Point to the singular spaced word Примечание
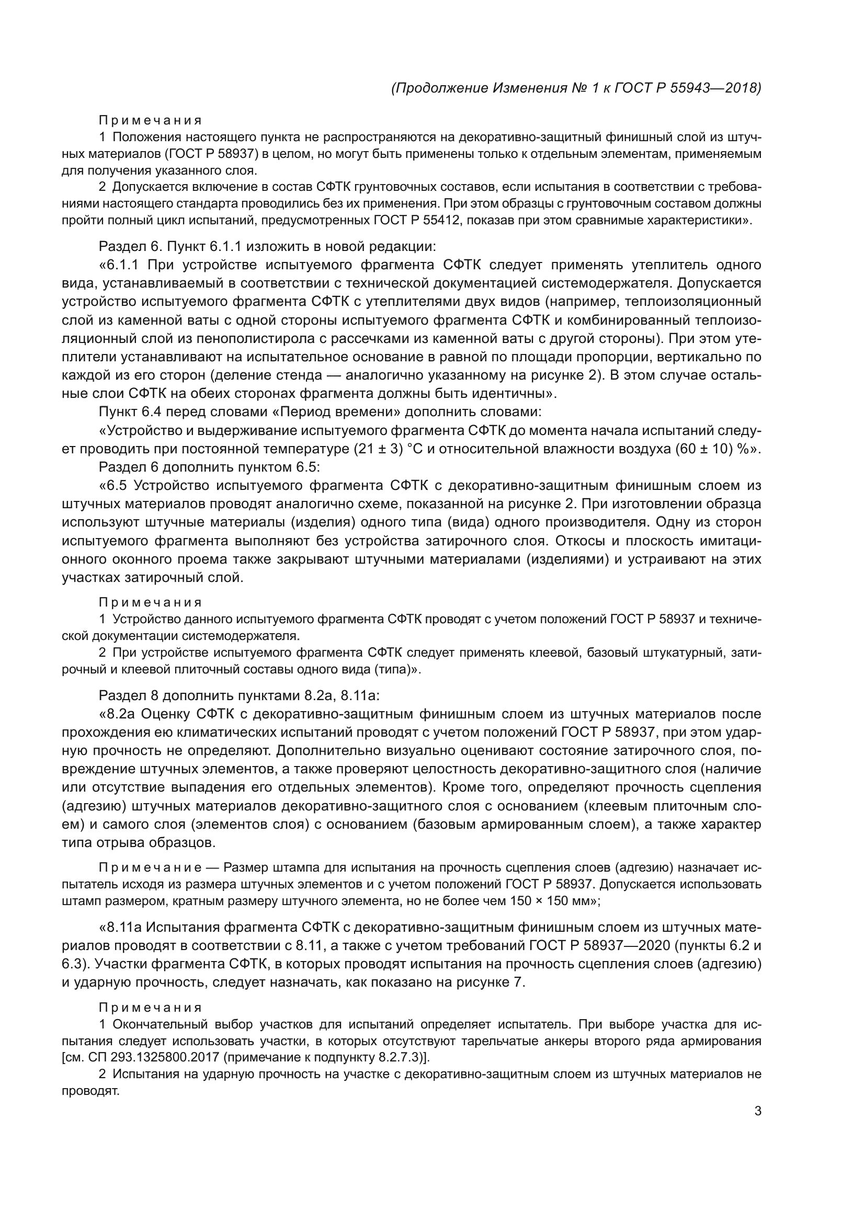(x=150, y=868)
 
